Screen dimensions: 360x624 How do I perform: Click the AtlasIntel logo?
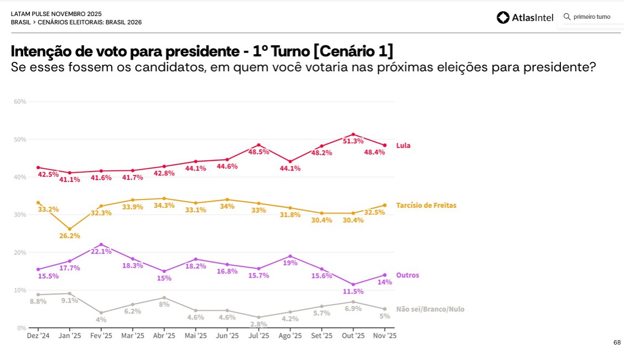click(525, 18)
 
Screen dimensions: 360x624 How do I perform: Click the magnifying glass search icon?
click(567, 17)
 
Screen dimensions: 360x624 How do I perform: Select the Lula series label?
click(403, 145)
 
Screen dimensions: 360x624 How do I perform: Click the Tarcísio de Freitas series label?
click(426, 205)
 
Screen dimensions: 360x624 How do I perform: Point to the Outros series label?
click(407, 275)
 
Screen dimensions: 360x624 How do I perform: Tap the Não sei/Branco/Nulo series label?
click(430, 309)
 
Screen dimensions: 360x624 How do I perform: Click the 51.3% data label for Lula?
click(353, 141)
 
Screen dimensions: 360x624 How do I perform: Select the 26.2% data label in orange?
click(70, 236)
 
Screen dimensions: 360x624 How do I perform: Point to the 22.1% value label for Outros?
click(101, 251)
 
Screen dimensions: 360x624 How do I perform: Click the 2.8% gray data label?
click(259, 324)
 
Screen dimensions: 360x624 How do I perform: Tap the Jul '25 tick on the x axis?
click(259, 336)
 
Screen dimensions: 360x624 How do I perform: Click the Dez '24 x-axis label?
click(38, 336)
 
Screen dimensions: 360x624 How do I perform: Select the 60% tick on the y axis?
click(20, 102)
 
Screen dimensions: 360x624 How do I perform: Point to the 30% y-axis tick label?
click(20, 215)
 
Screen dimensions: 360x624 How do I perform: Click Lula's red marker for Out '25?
click(353, 134)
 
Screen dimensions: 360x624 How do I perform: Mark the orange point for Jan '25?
click(70, 229)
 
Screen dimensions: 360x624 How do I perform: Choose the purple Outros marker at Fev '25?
click(101, 244)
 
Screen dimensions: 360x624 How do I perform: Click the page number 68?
click(617, 342)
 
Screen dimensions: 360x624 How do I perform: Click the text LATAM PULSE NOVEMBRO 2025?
click(56, 14)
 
